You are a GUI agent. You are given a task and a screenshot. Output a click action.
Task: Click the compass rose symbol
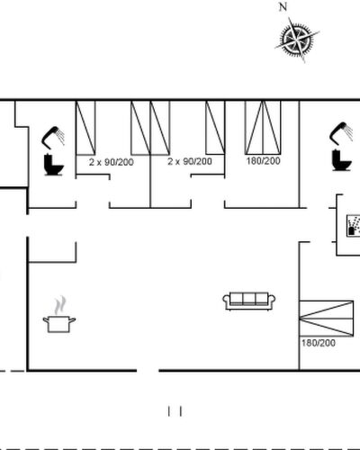coord(297,40)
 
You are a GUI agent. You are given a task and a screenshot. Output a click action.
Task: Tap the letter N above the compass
coord(283,7)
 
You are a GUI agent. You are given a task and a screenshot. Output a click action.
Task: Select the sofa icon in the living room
coord(249,301)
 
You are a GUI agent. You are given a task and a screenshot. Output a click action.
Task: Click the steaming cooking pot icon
coord(59,324)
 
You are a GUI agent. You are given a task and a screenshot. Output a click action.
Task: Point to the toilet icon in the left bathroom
coord(53,165)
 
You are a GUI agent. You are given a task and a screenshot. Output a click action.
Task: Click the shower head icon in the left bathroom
coord(53,138)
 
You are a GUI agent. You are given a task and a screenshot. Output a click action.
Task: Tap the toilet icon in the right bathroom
coord(341,160)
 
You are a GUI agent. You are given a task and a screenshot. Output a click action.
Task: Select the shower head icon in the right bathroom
coord(341,133)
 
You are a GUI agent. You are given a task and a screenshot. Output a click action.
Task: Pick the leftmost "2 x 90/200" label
coord(112,162)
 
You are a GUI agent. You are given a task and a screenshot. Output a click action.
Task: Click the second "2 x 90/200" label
coord(190,161)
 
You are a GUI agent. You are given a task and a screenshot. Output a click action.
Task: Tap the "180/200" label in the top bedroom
coord(263,161)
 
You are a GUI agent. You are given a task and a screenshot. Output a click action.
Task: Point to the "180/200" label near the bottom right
coord(319,343)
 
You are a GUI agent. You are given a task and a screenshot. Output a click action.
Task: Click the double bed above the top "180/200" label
coord(263,128)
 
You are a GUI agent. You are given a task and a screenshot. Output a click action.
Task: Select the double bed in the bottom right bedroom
coord(327,319)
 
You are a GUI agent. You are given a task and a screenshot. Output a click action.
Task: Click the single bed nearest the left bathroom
coord(85,128)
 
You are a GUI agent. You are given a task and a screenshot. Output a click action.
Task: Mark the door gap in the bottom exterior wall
coord(148,371)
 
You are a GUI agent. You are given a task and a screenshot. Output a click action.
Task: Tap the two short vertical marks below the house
coord(175,411)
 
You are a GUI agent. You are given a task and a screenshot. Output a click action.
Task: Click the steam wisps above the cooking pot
coord(60,305)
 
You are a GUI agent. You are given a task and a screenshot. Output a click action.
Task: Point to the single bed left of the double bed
coord(215,128)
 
